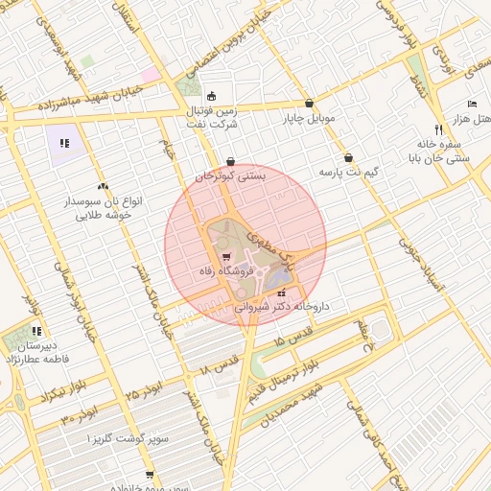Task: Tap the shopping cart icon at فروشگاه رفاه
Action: coord(226,256)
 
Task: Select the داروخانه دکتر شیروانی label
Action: coord(282,307)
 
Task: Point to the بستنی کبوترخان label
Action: coord(231,176)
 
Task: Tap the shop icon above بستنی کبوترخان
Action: coord(230,161)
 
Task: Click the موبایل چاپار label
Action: coord(308,119)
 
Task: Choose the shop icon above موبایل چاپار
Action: coord(309,104)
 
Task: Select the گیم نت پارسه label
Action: coord(347,172)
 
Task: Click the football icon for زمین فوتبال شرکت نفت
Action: coord(211,96)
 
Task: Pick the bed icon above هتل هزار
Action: coord(471,104)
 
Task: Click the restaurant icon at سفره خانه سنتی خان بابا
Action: coord(438,129)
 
